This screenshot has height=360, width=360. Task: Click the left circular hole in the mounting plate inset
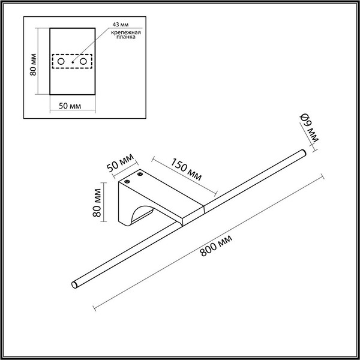pos(61,62)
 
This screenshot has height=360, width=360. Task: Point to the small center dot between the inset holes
pos(72,62)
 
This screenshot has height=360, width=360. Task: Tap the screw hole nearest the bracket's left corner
pos(128,181)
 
